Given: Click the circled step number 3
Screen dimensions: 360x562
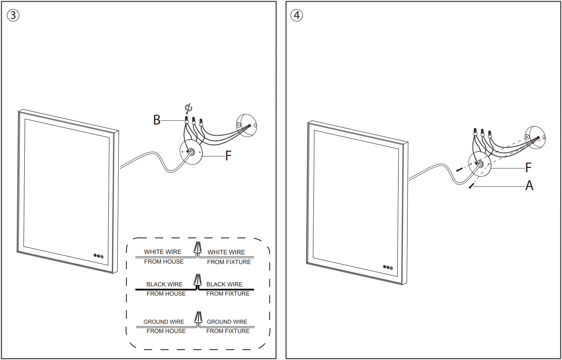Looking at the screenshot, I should tap(13, 15).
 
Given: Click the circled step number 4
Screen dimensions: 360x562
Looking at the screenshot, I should tap(296, 15).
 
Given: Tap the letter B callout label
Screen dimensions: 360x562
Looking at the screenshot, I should tap(156, 120).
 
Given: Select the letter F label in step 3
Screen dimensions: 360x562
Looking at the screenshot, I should tap(228, 156).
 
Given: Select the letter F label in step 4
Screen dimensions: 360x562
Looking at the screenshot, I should tap(528, 168).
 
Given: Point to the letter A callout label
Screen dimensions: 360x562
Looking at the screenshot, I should tap(529, 186).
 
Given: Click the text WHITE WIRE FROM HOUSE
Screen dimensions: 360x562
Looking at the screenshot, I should tap(163, 257).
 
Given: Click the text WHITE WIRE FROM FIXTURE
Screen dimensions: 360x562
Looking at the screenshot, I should tap(228, 257).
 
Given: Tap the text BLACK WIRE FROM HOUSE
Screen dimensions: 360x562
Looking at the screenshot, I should tap(165, 289).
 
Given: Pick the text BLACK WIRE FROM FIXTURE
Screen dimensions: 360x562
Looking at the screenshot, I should tap(227, 289).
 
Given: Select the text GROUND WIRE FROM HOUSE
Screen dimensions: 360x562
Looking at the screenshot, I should tap(165, 326).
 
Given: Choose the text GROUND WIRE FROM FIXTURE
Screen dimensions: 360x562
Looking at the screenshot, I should tap(227, 326).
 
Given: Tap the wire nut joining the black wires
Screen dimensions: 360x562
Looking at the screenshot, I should tap(198, 279).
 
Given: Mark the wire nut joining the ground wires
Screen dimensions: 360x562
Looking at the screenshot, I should tap(198, 317).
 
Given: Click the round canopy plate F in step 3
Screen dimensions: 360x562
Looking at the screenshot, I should tap(191, 152).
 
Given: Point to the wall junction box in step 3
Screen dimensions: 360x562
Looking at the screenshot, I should tap(246, 125).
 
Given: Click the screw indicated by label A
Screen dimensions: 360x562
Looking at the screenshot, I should tap(471, 186).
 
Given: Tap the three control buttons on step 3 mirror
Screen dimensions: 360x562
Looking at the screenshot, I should tap(98, 256).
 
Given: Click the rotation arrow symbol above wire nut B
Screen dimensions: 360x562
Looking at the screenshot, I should tap(188, 108).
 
